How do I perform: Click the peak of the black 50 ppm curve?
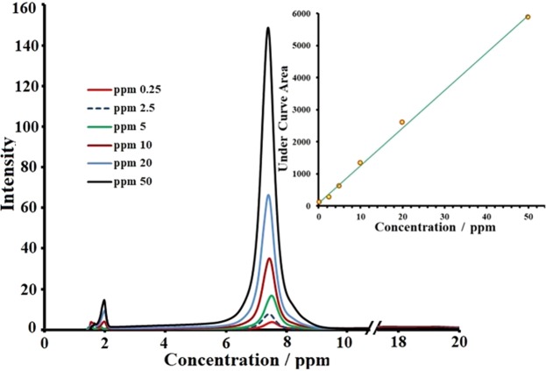click(x=268, y=28)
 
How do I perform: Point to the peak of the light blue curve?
click(x=268, y=195)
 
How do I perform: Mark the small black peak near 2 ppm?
click(x=104, y=301)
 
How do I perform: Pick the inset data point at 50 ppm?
click(x=528, y=17)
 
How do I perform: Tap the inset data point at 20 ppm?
click(x=402, y=122)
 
